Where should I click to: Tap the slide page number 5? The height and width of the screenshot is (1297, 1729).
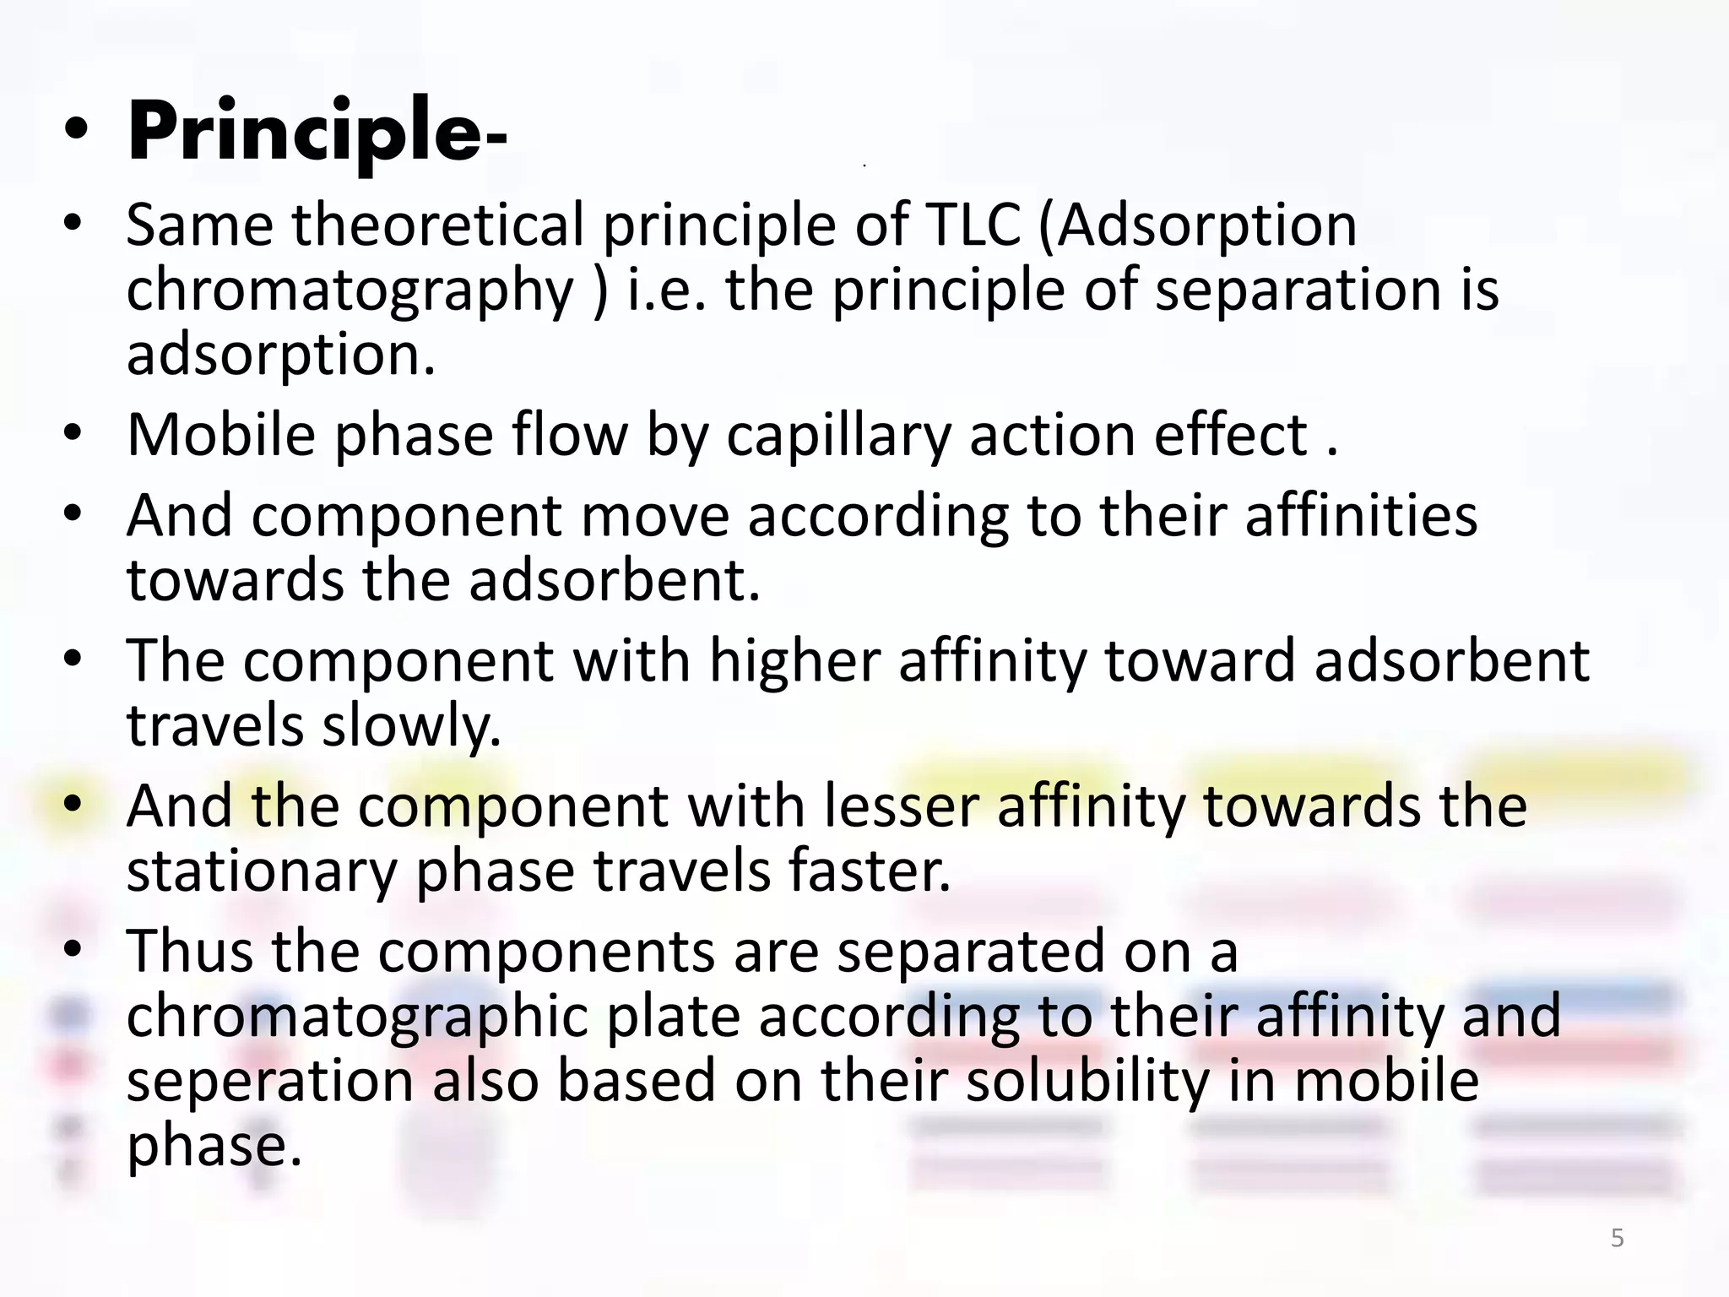coord(1617,1238)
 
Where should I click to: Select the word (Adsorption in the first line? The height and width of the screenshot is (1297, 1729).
coord(1197,226)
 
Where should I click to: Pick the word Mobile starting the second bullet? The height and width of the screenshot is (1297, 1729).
coord(220,435)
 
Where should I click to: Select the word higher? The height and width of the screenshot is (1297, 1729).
coord(794,661)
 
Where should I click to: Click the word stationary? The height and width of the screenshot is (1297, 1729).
coord(261,872)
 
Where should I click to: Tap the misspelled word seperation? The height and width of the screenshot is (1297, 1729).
coord(269,1082)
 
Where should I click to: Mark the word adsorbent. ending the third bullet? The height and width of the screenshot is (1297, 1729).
coord(615,581)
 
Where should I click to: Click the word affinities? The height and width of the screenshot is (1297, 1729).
coord(1361,515)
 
